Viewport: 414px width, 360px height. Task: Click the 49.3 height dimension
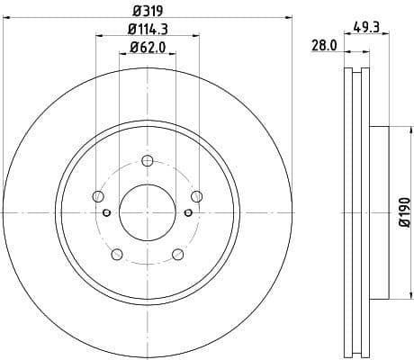(365, 27)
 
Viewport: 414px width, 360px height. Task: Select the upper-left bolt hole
(99, 197)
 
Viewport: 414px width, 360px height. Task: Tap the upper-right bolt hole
(195, 197)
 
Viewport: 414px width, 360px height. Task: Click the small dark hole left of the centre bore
(106, 212)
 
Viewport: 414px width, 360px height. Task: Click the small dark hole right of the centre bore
(187, 212)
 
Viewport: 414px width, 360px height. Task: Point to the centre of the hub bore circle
(147, 211)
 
